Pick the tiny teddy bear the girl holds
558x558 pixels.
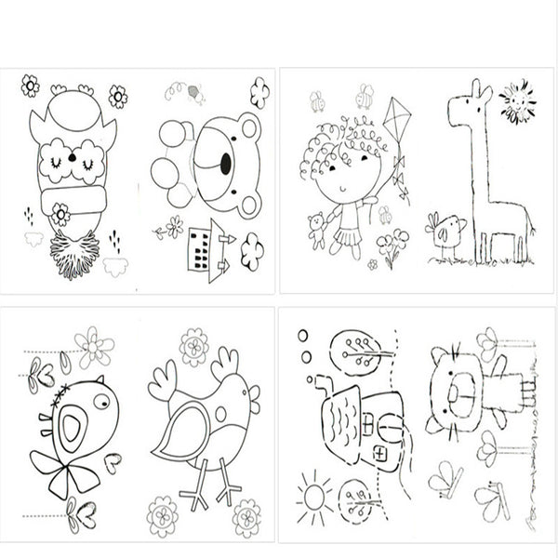tap(316, 229)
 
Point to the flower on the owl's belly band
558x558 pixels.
tap(60, 213)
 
